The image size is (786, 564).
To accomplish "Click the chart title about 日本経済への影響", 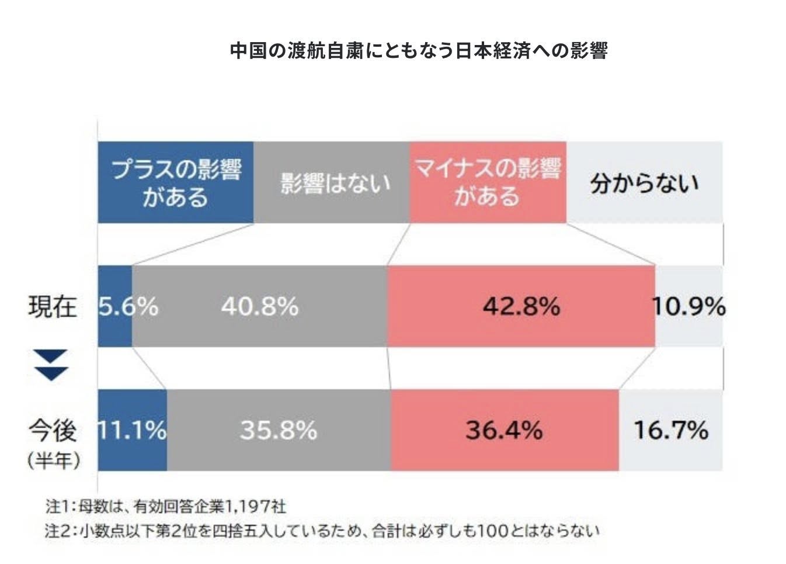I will tap(419, 51).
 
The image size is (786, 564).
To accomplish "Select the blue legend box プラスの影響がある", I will tap(176, 182).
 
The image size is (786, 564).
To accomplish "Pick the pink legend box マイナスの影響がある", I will tap(487, 182).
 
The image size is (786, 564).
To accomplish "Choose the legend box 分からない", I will tap(644, 183).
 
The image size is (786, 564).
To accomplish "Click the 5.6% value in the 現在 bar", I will tap(127, 306).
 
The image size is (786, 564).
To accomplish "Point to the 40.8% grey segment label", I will tap(260, 306).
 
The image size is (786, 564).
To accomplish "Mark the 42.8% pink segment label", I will tap(521, 306).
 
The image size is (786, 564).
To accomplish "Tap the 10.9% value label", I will tap(689, 306).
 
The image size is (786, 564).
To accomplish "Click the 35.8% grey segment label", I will tap(279, 431).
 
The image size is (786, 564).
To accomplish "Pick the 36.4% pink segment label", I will tap(504, 431).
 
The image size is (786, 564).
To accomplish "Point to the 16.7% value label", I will tap(671, 431).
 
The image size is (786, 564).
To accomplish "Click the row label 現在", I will tap(53, 306).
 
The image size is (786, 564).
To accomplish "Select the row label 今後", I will tap(53, 431).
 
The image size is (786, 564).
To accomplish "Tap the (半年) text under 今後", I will tap(53, 461).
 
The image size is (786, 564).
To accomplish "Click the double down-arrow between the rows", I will tap(52, 366).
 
